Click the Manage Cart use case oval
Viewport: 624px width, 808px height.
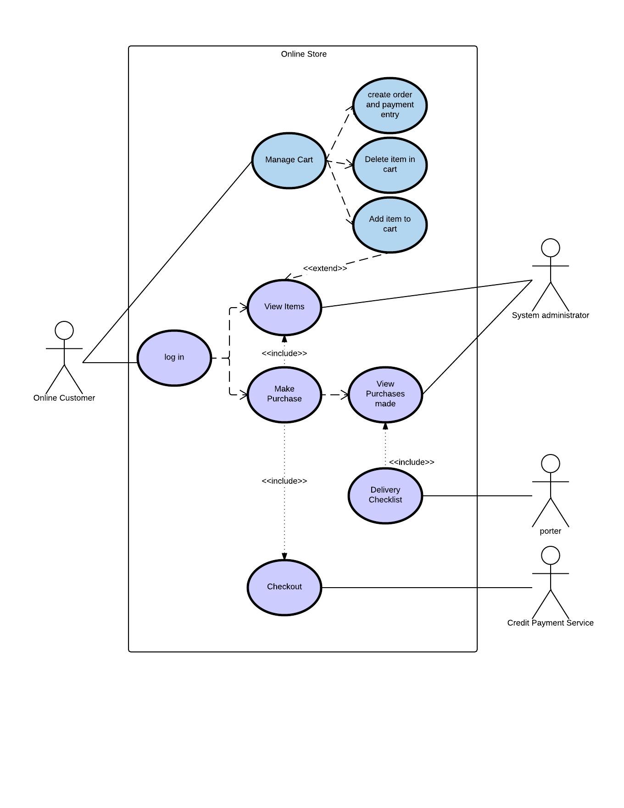pyautogui.click(x=289, y=161)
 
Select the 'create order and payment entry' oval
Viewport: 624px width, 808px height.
pyautogui.click(x=390, y=105)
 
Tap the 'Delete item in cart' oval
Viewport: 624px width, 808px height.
pyautogui.click(x=390, y=165)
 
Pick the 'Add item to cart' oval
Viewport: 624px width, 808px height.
pyautogui.click(x=390, y=224)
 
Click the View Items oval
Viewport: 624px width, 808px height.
pyautogui.click(x=284, y=307)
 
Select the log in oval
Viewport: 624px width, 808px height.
pyautogui.click(x=174, y=358)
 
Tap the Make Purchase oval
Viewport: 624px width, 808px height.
pyautogui.click(x=284, y=394)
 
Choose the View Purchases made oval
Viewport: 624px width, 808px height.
pyautogui.click(x=385, y=394)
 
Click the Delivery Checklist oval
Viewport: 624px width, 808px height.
pyautogui.click(x=385, y=495)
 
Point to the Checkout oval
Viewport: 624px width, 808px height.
pyautogui.click(x=284, y=587)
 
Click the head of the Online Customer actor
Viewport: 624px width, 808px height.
pyautogui.click(x=64, y=331)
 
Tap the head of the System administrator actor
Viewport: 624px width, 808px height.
pyautogui.click(x=551, y=248)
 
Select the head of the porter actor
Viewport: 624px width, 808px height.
pyautogui.click(x=551, y=464)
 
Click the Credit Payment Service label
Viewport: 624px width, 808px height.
pyautogui.click(x=550, y=623)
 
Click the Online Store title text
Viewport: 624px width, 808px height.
pyautogui.click(x=304, y=54)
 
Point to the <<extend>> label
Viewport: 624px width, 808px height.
pyautogui.click(x=325, y=269)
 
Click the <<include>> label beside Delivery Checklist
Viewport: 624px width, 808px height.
pyautogui.click(x=412, y=462)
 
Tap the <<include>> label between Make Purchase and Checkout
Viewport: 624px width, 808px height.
pyautogui.click(x=284, y=481)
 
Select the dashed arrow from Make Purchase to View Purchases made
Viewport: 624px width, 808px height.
pyautogui.click(x=334, y=394)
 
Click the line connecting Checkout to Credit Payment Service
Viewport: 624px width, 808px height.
pyautogui.click(x=427, y=588)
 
